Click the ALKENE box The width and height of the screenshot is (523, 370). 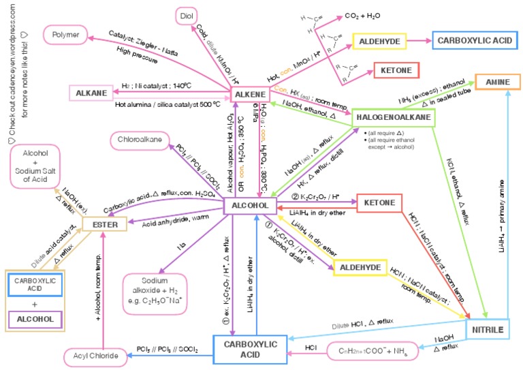251,94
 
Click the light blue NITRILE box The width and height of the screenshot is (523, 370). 488,330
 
